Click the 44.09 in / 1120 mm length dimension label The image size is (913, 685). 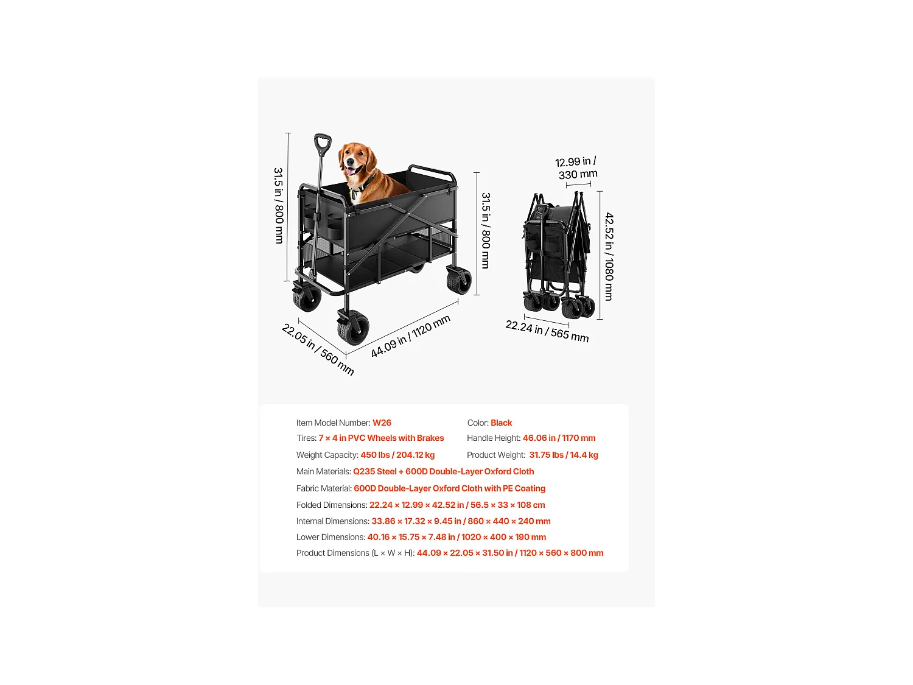click(410, 336)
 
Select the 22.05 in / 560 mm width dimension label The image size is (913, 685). click(318, 350)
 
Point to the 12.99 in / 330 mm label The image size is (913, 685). click(576, 168)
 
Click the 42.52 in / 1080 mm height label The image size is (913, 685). click(609, 256)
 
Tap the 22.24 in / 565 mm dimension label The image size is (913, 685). click(547, 331)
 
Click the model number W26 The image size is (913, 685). click(382, 423)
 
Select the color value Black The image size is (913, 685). click(501, 423)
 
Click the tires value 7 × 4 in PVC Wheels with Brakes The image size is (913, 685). click(381, 438)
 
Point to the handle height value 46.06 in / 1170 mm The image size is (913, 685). click(559, 438)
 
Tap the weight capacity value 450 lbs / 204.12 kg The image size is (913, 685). click(397, 455)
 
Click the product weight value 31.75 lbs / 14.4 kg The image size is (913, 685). click(564, 455)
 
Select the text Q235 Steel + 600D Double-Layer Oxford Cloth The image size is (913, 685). click(443, 471)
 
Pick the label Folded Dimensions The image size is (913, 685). click(332, 505)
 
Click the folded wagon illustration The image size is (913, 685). click(557, 256)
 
